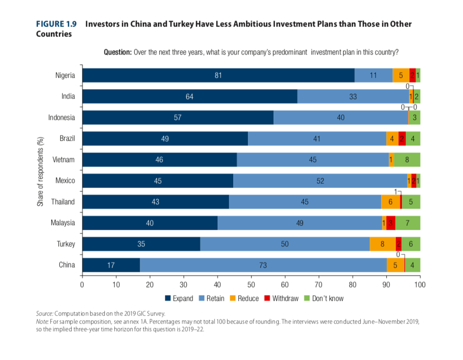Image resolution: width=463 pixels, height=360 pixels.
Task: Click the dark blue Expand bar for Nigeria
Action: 218,76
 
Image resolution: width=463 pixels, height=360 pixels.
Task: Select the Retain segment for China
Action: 263,265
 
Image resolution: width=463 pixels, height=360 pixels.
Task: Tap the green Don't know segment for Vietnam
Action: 407,160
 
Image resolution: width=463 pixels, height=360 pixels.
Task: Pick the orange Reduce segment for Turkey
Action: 382,244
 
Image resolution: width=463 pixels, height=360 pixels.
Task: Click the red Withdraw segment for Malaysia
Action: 391,223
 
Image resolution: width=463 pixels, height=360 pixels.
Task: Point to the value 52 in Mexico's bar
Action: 320,181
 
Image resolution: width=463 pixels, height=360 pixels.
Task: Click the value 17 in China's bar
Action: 111,265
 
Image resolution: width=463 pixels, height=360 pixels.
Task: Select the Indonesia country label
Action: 62,118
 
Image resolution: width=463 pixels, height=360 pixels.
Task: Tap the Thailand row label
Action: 63,202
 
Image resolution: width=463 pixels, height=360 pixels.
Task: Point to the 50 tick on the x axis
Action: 251,285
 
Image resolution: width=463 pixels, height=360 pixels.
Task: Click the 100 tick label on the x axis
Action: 420,285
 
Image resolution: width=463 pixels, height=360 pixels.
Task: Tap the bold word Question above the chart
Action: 118,52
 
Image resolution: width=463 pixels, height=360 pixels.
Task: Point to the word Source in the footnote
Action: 44,314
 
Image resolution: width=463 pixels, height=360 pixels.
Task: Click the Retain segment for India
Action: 353,97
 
